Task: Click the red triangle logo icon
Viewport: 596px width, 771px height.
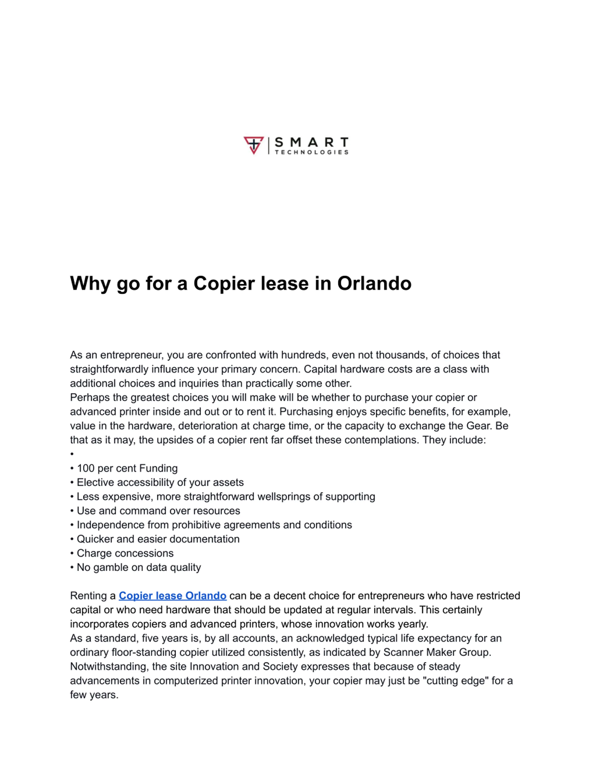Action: (x=254, y=145)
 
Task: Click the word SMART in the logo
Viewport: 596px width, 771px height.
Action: (x=312, y=143)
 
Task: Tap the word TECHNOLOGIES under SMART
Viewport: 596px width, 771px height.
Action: (x=312, y=152)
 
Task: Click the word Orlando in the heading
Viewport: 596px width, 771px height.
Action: (x=374, y=283)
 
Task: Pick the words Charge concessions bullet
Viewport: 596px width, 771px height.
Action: (x=125, y=553)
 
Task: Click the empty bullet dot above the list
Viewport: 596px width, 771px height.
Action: (x=72, y=454)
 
